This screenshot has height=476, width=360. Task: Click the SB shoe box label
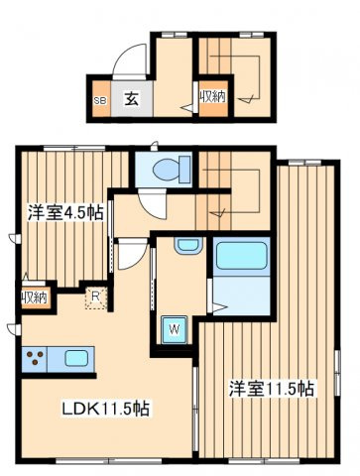click(x=100, y=101)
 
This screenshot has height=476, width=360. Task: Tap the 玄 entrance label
click(x=131, y=99)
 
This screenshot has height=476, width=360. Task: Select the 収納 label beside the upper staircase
click(x=213, y=97)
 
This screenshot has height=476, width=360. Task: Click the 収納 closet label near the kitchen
click(x=35, y=298)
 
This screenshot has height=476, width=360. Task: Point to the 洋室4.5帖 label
click(x=65, y=213)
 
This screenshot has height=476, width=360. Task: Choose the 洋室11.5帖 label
click(x=272, y=389)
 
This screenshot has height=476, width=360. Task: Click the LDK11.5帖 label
click(x=106, y=409)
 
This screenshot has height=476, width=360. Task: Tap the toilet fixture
click(x=172, y=169)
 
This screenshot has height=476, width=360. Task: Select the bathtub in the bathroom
click(x=241, y=256)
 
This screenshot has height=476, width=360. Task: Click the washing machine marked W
click(x=175, y=329)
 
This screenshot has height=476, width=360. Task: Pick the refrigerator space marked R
click(x=95, y=298)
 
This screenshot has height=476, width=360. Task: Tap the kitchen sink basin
click(x=76, y=359)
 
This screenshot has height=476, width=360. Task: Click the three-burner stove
click(x=35, y=359)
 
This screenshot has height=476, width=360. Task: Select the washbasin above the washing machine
click(x=188, y=246)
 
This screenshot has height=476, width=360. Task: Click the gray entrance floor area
click(x=132, y=98)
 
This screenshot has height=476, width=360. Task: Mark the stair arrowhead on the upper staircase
click(x=246, y=98)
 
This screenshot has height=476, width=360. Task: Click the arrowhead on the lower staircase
click(x=218, y=213)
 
